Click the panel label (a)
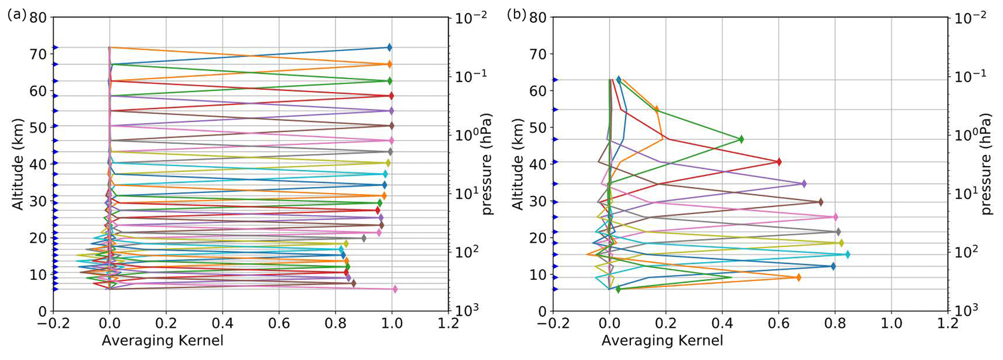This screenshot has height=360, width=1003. click(x=16, y=15)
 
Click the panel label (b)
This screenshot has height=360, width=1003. click(x=516, y=15)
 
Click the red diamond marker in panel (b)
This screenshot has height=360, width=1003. click(x=779, y=162)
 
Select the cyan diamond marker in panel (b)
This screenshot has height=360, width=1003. click(x=847, y=254)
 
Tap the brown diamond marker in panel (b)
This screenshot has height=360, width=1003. click(x=821, y=202)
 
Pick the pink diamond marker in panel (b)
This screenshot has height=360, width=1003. click(x=835, y=217)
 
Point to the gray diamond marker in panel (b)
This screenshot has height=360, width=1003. click(x=838, y=232)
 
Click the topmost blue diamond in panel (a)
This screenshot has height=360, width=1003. click(x=389, y=48)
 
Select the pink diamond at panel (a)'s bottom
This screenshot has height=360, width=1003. click(x=395, y=289)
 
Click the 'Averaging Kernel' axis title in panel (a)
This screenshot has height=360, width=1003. click(x=163, y=341)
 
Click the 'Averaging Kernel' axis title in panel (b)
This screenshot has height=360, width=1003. click(x=662, y=341)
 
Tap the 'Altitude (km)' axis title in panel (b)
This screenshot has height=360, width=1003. click(x=518, y=164)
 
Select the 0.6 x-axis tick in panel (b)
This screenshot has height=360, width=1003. click(x=778, y=323)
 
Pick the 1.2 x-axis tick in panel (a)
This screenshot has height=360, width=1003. click(x=448, y=323)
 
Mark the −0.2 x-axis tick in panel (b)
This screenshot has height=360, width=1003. click(x=552, y=323)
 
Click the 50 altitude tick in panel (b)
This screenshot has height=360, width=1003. click(x=538, y=128)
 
